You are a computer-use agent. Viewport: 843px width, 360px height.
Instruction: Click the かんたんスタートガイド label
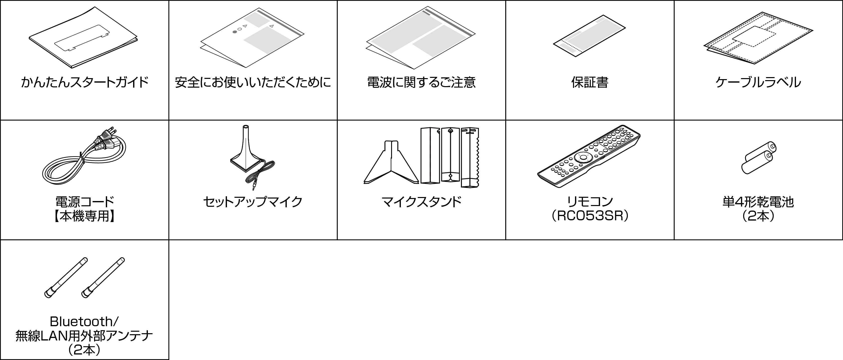84,82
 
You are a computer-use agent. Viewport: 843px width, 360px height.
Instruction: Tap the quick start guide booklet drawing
83,38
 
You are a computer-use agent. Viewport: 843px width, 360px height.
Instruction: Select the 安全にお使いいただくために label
253,82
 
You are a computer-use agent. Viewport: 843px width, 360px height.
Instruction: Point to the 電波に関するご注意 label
421,82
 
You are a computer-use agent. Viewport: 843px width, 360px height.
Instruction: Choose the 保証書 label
590,82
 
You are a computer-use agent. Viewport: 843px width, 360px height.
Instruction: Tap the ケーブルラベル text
758,82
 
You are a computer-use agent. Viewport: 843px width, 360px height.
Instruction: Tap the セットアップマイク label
253,202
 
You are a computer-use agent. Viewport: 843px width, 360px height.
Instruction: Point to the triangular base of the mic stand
391,162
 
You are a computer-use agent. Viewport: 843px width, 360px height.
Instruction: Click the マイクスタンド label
421,202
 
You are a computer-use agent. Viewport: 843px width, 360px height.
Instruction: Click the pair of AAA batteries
758,158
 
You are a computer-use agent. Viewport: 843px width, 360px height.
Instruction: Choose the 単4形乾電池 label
758,202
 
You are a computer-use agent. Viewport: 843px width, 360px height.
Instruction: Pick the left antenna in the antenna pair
66,278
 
